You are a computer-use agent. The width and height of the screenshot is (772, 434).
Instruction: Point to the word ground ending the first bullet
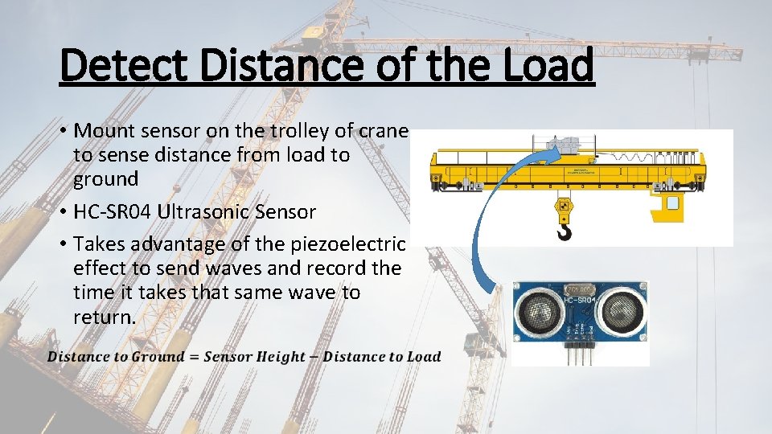[x=105, y=178]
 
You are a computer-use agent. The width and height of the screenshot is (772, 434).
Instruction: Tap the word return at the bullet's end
[x=103, y=317]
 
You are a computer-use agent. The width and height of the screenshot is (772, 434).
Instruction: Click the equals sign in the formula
[x=194, y=357]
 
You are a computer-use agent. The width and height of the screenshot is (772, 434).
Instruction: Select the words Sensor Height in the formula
[x=255, y=357]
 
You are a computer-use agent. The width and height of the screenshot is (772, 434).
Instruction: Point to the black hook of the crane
[x=564, y=231]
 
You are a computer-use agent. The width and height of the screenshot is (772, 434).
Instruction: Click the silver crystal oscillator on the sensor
[x=580, y=289]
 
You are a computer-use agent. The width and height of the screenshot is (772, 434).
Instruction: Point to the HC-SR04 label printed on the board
[x=580, y=301]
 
